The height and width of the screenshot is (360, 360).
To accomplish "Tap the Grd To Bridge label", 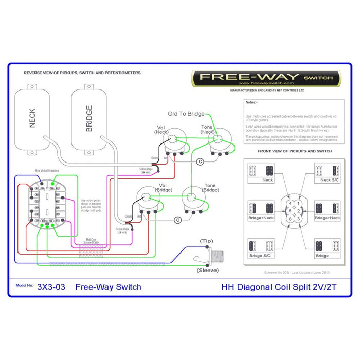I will point(186,114).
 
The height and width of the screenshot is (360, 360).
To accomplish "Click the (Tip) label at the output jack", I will point(207,241).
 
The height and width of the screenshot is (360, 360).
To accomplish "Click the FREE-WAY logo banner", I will point(266,78).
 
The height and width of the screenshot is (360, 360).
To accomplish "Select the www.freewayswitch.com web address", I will point(266,83).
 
